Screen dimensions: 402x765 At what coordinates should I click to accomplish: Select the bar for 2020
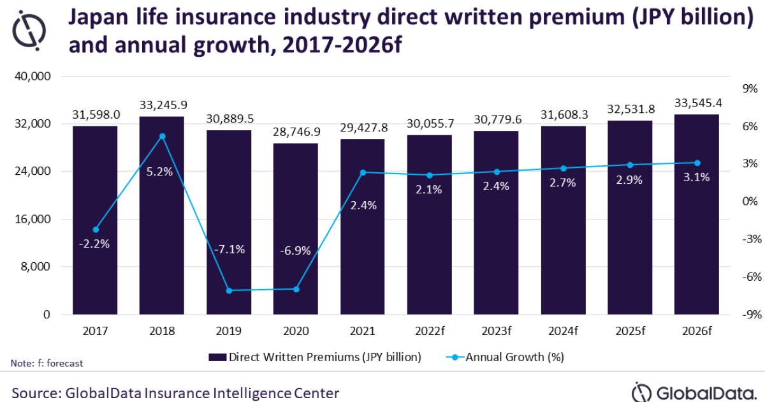[x=295, y=230]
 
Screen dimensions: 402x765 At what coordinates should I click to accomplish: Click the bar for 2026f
[x=697, y=217]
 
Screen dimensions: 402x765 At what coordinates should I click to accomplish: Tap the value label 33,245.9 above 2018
[x=161, y=105]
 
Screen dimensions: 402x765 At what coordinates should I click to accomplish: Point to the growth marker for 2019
[x=229, y=290]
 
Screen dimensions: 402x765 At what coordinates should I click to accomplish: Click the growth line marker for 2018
[x=162, y=136]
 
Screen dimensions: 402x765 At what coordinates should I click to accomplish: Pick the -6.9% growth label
[x=295, y=251]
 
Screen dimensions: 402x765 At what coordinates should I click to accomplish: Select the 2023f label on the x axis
[x=496, y=331]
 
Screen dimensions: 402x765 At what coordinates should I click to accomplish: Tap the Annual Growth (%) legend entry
[x=510, y=357]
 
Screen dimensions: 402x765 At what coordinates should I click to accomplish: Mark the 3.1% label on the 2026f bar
[x=697, y=178]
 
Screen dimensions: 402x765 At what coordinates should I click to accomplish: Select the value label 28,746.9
[x=295, y=131]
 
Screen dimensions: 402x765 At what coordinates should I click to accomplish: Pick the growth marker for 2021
[x=363, y=172]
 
